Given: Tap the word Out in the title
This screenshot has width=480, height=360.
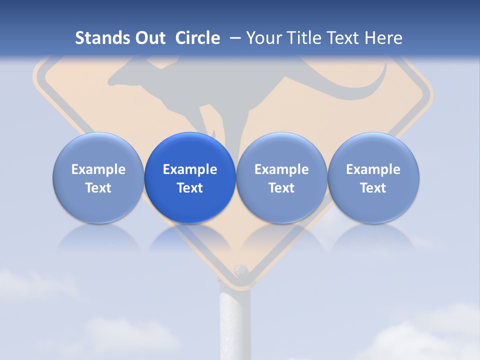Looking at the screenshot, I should (149, 38).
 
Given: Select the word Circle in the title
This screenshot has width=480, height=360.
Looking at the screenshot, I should (197, 38).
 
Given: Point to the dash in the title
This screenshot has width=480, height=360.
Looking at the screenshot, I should (233, 38).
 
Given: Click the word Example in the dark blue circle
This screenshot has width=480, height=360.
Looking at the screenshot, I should (190, 169).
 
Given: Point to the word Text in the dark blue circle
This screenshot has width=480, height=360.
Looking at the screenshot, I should (190, 188).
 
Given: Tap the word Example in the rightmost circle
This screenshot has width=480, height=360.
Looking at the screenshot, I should (373, 169).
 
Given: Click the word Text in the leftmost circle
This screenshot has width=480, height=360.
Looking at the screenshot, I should (98, 188).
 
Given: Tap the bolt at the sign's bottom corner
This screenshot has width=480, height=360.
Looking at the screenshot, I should (241, 270).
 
